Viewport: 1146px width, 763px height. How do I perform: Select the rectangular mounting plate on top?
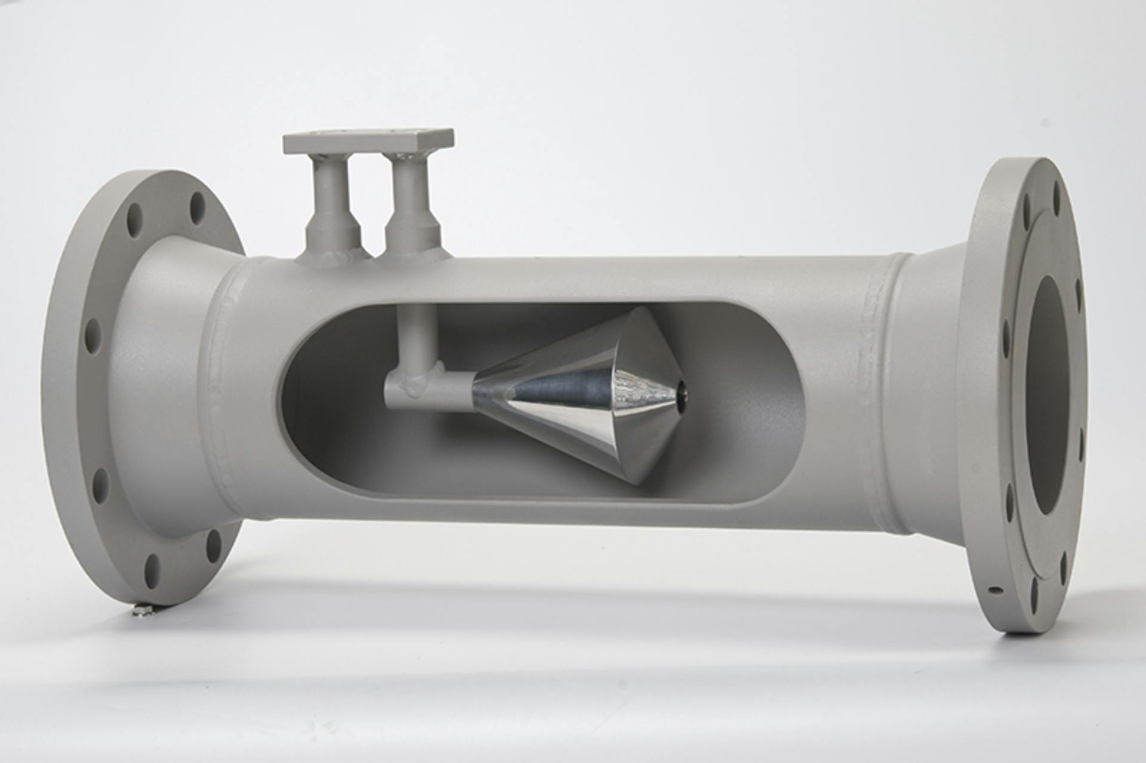tap(368, 140)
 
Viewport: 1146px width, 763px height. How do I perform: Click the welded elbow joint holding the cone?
tap(412, 388)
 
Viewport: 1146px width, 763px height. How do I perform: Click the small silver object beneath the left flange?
tap(141, 610)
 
